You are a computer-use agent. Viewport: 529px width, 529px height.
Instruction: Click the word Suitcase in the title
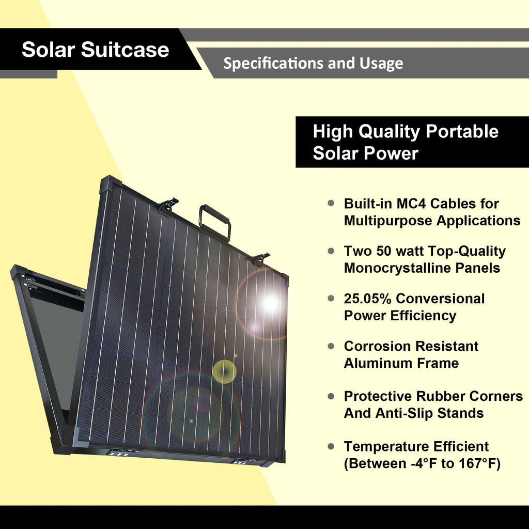[x=125, y=49]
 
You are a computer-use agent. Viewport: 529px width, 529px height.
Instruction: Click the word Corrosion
[x=377, y=346]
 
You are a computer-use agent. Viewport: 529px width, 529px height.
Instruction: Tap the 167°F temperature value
[x=479, y=463]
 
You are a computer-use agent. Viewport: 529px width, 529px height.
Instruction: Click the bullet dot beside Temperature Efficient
[x=331, y=447]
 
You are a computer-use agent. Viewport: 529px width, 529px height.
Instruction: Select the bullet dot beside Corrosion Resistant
[x=331, y=346]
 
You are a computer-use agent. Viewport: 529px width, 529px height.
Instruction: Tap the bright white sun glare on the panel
[x=270, y=304]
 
